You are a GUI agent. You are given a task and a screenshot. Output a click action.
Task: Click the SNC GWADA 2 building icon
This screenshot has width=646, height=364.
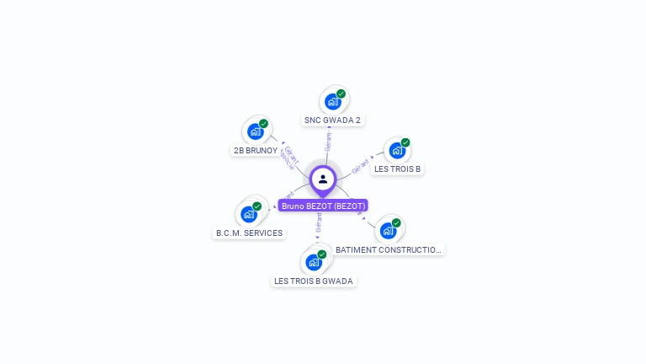pos(333,102)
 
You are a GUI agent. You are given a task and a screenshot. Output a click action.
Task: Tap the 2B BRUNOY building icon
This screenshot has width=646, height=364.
pos(256,132)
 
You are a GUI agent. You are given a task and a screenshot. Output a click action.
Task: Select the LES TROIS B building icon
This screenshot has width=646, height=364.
pos(397,151)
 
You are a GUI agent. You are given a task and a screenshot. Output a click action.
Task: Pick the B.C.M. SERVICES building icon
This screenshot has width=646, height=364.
pos(249,214)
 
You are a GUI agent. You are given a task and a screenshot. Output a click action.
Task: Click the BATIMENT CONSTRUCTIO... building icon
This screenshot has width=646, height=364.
pos(388,231)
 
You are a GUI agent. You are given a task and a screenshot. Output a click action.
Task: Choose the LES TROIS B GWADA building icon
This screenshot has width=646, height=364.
pos(314,262)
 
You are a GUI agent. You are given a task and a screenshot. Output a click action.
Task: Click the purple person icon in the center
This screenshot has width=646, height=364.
pos(323,179)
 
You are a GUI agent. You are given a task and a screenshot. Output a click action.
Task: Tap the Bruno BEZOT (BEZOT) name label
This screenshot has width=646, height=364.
pos(323,206)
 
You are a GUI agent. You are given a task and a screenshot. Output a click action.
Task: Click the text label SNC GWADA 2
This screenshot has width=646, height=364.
pos(332,120)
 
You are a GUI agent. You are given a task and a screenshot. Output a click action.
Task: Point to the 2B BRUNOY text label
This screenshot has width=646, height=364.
pos(256,151)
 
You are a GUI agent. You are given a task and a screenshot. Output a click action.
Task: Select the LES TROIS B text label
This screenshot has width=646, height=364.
pos(397,169)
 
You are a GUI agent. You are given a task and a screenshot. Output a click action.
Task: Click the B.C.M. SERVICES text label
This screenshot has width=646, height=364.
pos(249,233)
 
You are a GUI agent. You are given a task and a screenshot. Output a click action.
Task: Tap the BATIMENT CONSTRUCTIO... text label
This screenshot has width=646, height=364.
pos(389,249)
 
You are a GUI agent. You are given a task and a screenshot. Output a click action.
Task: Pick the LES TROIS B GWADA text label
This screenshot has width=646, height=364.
pos(314,281)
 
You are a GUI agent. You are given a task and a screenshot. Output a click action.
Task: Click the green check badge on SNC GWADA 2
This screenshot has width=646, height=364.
pos(341,94)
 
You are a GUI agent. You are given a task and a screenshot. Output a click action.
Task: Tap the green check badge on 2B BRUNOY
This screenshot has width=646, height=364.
pos(263,124)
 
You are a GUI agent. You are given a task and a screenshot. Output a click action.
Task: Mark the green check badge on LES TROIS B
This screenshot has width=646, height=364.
pos(405,142)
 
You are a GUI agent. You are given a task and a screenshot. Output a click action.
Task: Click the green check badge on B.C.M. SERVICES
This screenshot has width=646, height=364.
pos(257,206)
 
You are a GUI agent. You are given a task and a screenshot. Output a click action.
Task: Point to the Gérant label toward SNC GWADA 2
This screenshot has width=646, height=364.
pos(327,142)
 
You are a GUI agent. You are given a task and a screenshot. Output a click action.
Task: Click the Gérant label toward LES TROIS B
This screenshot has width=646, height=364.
pos(361,165)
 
